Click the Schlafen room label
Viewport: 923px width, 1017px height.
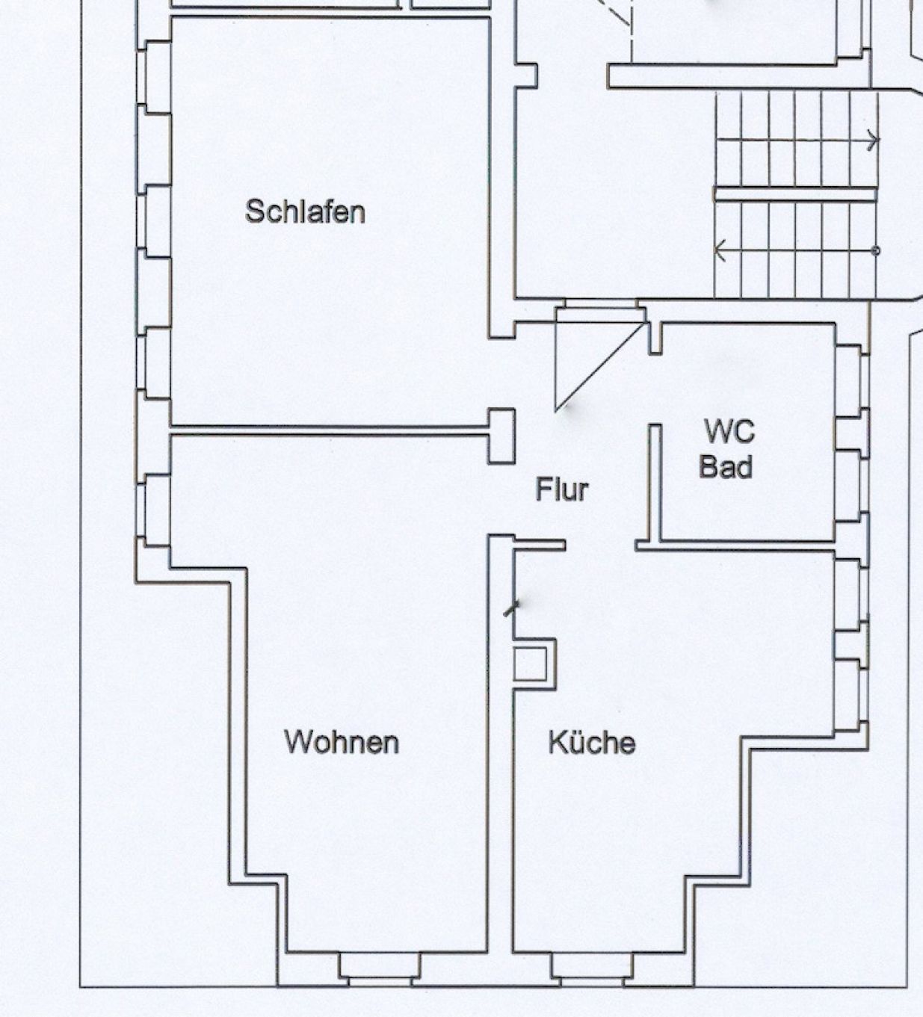pyautogui.click(x=305, y=211)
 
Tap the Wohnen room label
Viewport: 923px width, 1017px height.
pyautogui.click(x=342, y=742)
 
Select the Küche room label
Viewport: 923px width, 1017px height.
pyautogui.click(x=592, y=743)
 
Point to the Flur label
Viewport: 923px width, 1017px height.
pyautogui.click(x=563, y=489)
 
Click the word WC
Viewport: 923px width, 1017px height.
pyautogui.click(x=729, y=431)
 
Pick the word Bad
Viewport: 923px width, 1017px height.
pyautogui.click(x=726, y=466)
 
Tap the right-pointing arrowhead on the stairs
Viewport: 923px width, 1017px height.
pyautogui.click(x=873, y=140)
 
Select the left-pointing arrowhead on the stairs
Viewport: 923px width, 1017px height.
pyautogui.click(x=720, y=250)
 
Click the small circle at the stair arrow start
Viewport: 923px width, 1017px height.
pyautogui.click(x=876, y=250)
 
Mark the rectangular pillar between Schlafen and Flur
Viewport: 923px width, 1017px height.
pyautogui.click(x=501, y=436)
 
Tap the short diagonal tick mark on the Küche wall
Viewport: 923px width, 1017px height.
pyautogui.click(x=511, y=608)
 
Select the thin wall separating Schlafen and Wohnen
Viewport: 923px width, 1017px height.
pyautogui.click(x=330, y=430)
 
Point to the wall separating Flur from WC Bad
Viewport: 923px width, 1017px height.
pyautogui.click(x=655, y=482)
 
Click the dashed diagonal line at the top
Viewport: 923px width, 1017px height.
pyautogui.click(x=614, y=12)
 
